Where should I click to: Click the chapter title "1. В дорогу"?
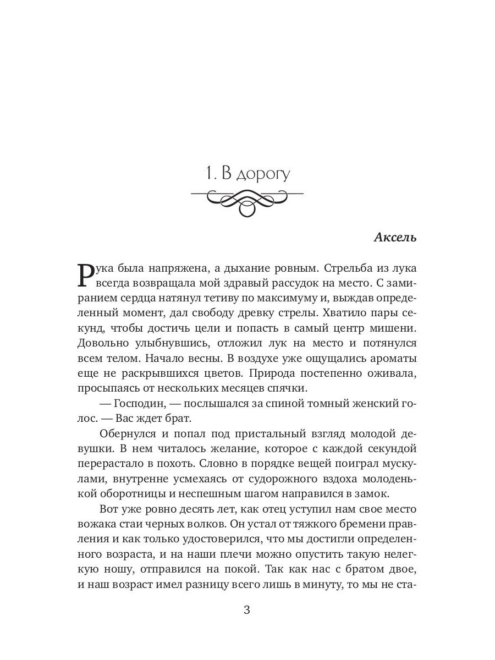coord(246,175)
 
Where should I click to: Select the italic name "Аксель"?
coord(395,238)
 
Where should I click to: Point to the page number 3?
coord(247,610)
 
